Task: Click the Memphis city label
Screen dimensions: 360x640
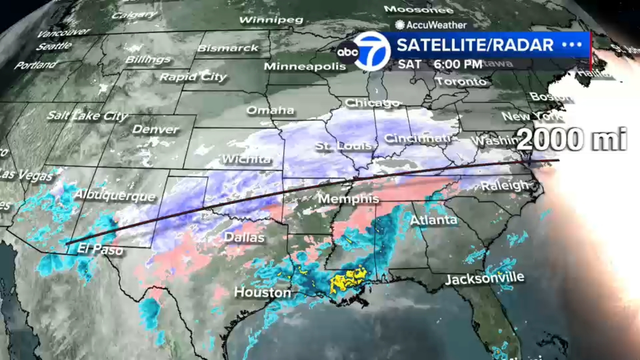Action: click(x=348, y=198)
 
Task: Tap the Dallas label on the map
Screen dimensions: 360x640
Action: click(x=244, y=237)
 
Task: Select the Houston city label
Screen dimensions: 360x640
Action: click(x=262, y=292)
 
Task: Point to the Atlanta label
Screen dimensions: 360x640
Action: click(x=434, y=220)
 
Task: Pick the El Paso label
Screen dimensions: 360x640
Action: click(x=100, y=249)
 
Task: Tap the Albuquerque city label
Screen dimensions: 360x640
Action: click(x=115, y=195)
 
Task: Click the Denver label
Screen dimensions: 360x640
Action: click(x=156, y=129)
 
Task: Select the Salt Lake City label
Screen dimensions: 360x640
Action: click(x=87, y=116)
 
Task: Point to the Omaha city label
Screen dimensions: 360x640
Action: click(x=270, y=110)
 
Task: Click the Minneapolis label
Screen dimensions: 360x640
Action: click(x=305, y=66)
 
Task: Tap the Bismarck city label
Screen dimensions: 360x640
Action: click(x=228, y=48)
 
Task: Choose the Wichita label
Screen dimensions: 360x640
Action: click(x=246, y=159)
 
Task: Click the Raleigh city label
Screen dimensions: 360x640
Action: click(x=505, y=186)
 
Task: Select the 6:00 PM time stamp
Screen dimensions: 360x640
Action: click(x=458, y=64)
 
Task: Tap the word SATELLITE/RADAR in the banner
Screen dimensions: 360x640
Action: click(x=475, y=45)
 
